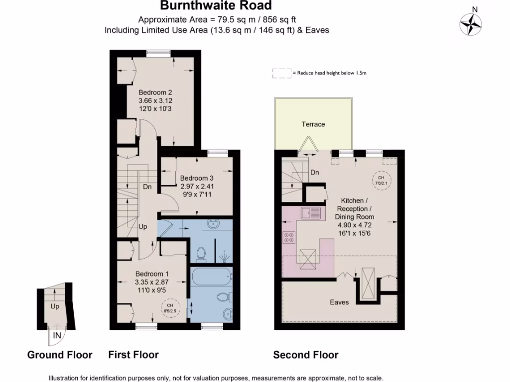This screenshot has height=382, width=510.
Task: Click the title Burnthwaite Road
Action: pyautogui.click(x=216, y=6)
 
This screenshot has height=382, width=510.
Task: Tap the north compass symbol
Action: pyautogui.click(x=471, y=23)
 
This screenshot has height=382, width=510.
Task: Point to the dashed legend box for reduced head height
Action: pyautogui.click(x=282, y=73)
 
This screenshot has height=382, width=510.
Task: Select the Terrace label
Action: pyautogui.click(x=313, y=124)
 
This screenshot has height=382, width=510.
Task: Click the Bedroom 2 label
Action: pyautogui.click(x=155, y=92)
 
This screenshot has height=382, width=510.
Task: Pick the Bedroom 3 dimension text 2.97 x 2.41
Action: pyautogui.click(x=197, y=187)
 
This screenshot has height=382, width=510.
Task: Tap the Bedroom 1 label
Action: pyautogui.click(x=152, y=274)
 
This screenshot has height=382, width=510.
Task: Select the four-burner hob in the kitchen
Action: pyautogui.click(x=289, y=238)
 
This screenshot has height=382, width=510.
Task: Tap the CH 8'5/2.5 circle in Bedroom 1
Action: pyautogui.click(x=170, y=308)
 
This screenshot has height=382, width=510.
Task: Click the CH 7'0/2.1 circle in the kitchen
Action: pyautogui.click(x=381, y=180)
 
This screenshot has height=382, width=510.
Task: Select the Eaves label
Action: pyautogui.click(x=339, y=302)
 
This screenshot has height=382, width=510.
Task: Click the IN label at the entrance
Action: pyautogui.click(x=57, y=336)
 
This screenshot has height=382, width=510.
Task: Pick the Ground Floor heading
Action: pyautogui.click(x=60, y=355)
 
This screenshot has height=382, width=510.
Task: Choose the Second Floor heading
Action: pyautogui.click(x=305, y=355)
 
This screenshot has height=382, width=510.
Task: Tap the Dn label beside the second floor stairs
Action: pyautogui.click(x=314, y=173)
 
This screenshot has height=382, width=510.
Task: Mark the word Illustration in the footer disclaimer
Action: pyautogui.click(x=64, y=378)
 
